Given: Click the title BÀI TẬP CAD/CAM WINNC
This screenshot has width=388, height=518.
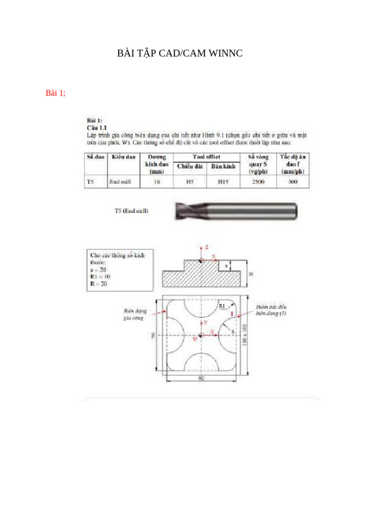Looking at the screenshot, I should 180,53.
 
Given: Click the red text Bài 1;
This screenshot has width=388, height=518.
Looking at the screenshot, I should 56,93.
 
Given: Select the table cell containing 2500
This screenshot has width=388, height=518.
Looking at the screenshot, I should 258,182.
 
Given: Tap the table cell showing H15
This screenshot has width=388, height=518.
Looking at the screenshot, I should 223,182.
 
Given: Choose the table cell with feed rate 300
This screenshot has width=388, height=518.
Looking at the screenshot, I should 293,182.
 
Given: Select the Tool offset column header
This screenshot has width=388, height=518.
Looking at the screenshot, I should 207,157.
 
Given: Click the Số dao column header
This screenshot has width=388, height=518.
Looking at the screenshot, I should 95,157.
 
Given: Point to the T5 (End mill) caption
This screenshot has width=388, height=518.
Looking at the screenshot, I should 131,211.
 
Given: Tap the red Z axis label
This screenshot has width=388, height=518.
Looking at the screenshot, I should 207,247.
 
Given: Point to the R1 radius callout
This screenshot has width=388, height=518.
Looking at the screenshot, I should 222,307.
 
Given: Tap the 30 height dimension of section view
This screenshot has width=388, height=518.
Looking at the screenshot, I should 251,274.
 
